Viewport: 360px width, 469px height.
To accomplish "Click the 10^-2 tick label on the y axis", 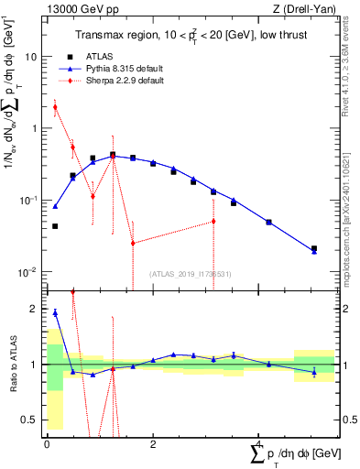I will pyautogui.click(x=27, y=272).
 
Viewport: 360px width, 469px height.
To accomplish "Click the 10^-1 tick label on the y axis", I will pyautogui.click(x=27, y=200).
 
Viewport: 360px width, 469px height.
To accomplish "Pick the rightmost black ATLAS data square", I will pyautogui.click(x=314, y=248).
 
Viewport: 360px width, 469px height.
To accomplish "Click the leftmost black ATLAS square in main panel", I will pyautogui.click(x=55, y=226).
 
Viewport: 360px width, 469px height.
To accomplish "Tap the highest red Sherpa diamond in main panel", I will pyautogui.click(x=55, y=107).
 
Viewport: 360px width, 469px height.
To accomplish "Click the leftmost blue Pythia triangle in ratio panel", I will pyautogui.click(x=55, y=312).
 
